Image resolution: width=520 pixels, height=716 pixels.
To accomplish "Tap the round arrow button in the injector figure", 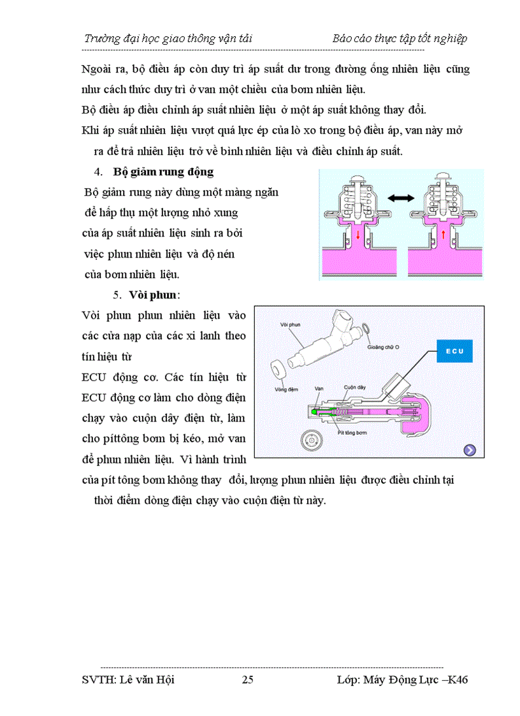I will point(470,450).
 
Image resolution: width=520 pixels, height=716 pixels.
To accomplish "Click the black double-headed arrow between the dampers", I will point(401,199).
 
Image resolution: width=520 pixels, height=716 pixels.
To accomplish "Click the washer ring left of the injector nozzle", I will point(278,370).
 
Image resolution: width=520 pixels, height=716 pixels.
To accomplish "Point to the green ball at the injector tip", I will point(314,412).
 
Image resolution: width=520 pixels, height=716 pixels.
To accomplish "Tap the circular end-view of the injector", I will point(312,441).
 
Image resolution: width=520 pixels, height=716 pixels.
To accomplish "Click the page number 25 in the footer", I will point(248,680).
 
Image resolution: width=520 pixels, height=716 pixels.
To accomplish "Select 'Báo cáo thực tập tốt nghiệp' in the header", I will point(400,38).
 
